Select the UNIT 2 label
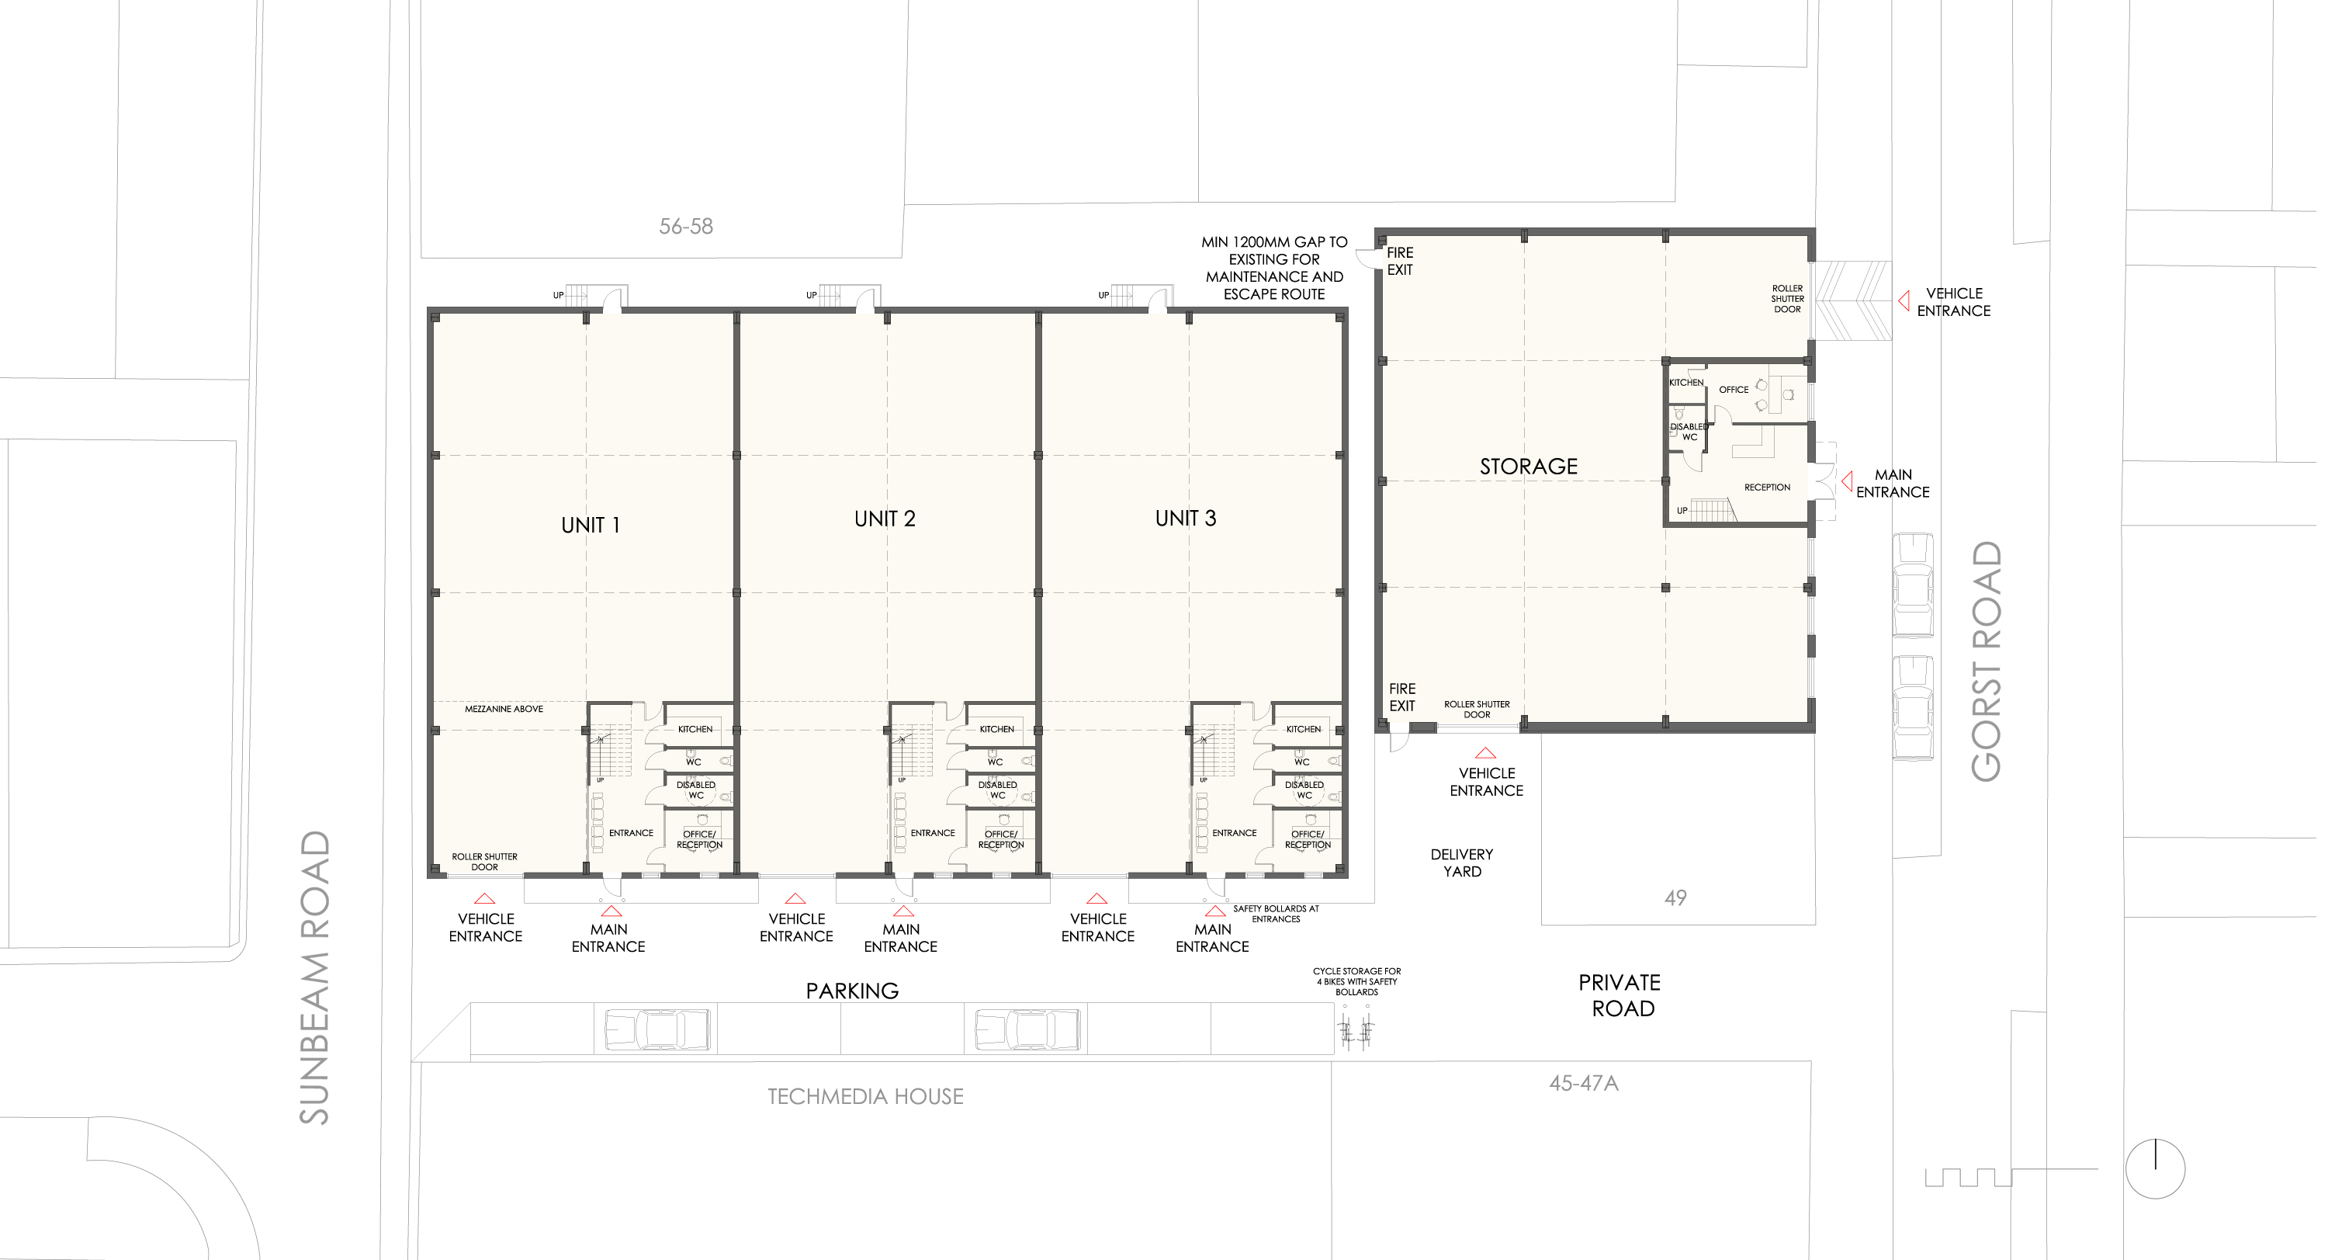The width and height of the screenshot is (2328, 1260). (x=885, y=519)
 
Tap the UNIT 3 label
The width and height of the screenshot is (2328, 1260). (x=1186, y=518)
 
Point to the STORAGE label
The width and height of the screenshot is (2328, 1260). (x=1528, y=467)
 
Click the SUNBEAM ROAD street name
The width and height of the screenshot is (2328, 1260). (x=314, y=977)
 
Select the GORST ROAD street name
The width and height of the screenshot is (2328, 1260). (x=1987, y=661)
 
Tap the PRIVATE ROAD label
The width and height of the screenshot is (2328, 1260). (x=1620, y=995)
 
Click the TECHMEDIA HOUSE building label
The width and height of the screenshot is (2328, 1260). (x=866, y=1096)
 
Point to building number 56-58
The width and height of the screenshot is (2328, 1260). (x=686, y=226)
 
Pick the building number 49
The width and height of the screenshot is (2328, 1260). (x=1675, y=897)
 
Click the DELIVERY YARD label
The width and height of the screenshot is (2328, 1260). (x=1462, y=863)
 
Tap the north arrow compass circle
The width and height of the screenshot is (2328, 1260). (x=2156, y=1168)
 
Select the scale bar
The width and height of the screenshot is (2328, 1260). (x=2011, y=1177)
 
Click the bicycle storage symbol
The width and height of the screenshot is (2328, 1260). (x=1356, y=1030)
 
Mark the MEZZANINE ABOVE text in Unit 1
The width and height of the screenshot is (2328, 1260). (x=504, y=709)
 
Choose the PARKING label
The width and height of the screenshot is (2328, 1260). (x=852, y=991)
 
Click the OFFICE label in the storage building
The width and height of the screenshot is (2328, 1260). (x=1734, y=390)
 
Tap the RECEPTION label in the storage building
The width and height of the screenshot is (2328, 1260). (x=1767, y=488)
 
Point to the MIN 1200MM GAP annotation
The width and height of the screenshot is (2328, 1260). (x=1274, y=269)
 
